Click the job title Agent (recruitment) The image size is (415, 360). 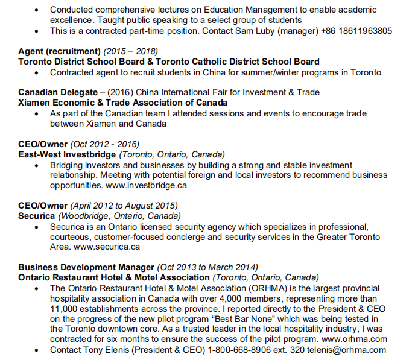[59, 51]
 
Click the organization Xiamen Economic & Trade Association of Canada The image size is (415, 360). [122, 103]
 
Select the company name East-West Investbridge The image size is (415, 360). [67, 154]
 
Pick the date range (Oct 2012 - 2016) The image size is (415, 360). [105, 144]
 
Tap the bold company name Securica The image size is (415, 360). [37, 216]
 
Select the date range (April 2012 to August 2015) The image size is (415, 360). [124, 206]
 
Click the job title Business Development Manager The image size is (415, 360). [86, 267]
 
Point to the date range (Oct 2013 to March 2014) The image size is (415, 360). [207, 267]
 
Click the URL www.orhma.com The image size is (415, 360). [353, 339]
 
